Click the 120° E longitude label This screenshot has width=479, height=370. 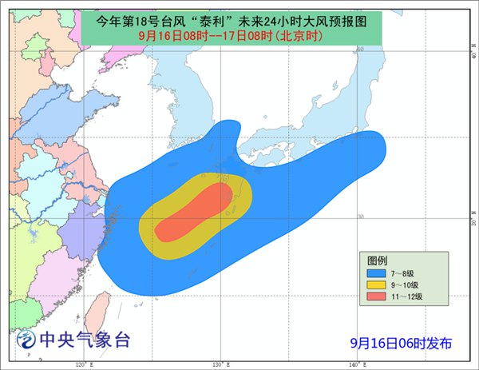[81, 364]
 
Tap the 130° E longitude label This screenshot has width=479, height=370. [219, 364]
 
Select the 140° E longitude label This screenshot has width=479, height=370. [357, 364]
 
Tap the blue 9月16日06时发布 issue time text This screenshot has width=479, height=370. [401, 343]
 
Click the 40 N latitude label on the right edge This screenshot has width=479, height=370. [471, 58]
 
